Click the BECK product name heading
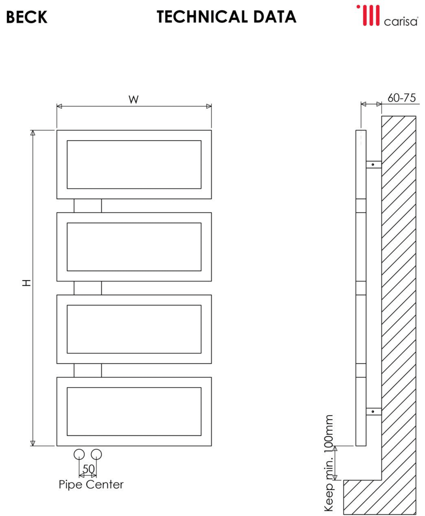[x=27, y=17]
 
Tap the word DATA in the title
[x=274, y=17]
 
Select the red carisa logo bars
[x=369, y=15]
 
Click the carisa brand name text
[x=401, y=21]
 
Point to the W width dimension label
[x=133, y=99]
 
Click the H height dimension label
[x=27, y=283]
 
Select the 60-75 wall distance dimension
[x=401, y=98]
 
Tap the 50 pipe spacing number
[x=89, y=469]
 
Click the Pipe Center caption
[x=91, y=484]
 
